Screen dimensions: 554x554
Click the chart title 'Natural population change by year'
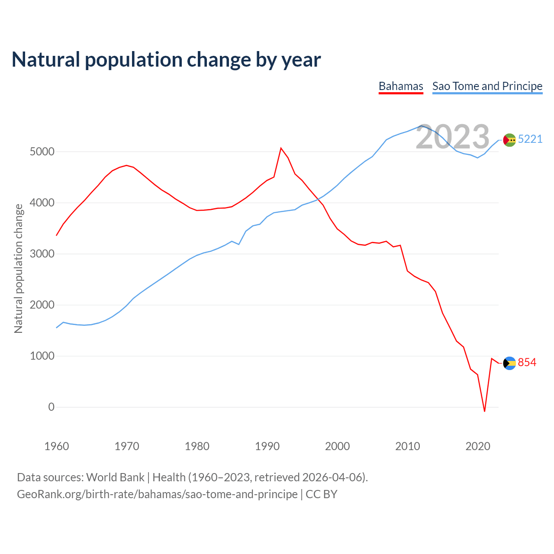166,60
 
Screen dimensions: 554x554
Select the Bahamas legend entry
401,86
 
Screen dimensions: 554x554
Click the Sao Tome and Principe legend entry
487,86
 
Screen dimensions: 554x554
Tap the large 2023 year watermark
453,137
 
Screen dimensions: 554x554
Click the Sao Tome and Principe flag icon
509,140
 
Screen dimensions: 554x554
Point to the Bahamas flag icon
509,363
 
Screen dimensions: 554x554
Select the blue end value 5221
530,139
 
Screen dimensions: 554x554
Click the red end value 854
527,362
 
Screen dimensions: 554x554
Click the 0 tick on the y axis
52,407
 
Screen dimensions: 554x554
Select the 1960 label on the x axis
57,446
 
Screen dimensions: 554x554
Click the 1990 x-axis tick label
267,446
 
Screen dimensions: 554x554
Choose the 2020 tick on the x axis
477,446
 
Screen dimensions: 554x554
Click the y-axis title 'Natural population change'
19,269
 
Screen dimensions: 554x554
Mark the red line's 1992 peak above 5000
281,148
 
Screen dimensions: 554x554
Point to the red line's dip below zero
485,411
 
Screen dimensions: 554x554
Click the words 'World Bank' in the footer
115,477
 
